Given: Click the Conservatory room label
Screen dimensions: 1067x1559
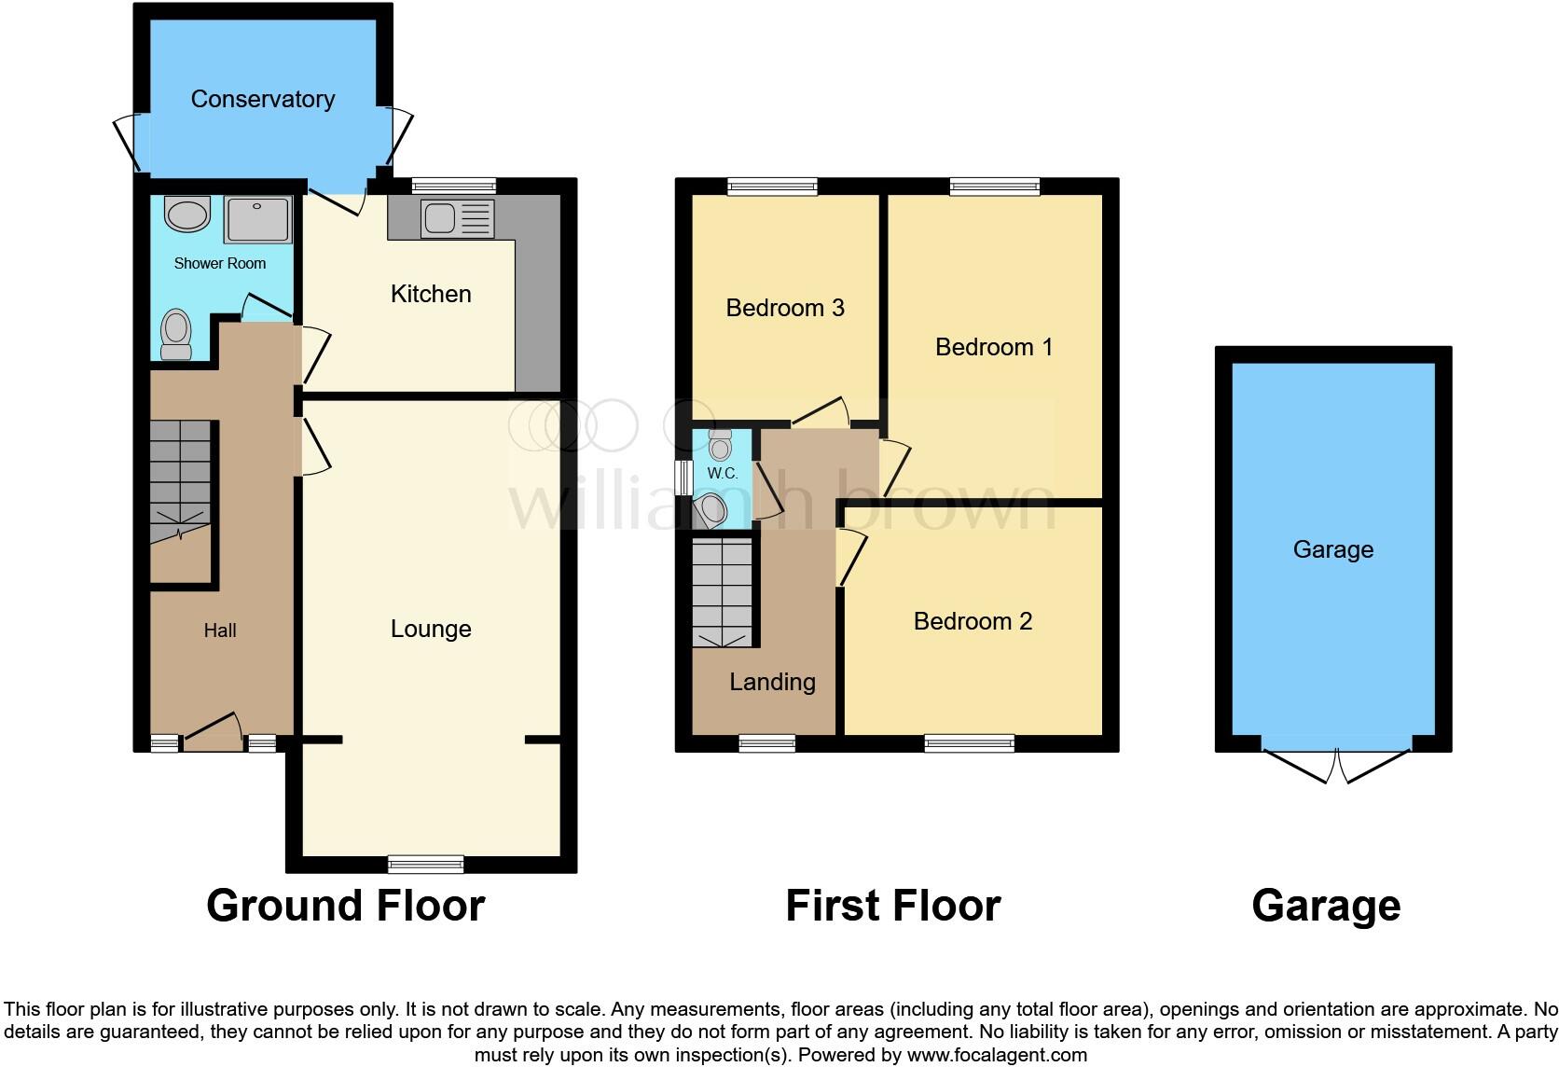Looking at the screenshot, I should [262, 99].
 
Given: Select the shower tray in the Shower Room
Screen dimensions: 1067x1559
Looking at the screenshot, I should [257, 220].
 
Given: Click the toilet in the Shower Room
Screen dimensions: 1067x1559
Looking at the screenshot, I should [175, 333].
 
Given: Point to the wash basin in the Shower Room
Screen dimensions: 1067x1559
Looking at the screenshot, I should [187, 215].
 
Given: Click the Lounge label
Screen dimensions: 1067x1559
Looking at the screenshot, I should [430, 629].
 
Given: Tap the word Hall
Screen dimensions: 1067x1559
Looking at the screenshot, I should [220, 630].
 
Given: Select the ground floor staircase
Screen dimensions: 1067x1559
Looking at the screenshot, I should [180, 480].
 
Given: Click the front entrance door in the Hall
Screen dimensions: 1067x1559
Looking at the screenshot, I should [214, 733].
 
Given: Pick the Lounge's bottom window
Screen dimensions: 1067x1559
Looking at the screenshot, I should [425, 864].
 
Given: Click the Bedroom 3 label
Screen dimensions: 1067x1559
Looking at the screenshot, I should [784, 308].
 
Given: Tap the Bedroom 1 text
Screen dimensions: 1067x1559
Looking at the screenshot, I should [993, 347].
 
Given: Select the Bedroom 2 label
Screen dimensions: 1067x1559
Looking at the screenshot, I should [973, 621].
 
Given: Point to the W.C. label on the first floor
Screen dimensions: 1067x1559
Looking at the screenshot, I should [722, 473].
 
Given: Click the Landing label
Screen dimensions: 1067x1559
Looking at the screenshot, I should [772, 682].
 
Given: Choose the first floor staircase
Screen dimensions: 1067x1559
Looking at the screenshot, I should [722, 593].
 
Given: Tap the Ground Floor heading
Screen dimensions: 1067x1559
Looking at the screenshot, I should [345, 906].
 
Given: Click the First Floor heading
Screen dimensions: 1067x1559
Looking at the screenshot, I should [892, 906].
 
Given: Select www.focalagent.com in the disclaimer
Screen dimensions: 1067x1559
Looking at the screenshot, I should [996, 1055].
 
